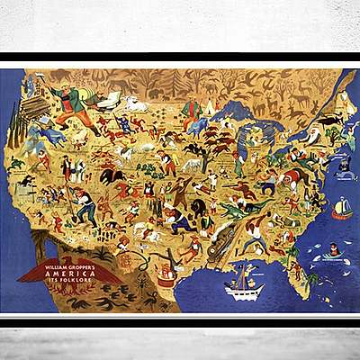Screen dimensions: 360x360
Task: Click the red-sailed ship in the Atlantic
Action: (x=343, y=210)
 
